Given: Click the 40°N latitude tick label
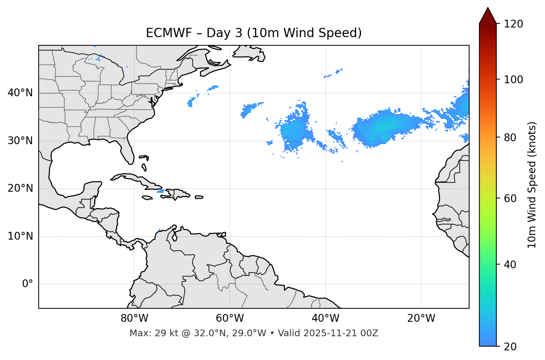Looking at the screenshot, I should point(20,93).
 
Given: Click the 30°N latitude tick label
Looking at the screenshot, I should point(20,141).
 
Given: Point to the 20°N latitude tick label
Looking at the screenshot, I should point(20,188).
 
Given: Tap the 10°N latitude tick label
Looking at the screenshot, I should point(20,236).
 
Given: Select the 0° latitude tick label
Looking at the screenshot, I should point(27,284).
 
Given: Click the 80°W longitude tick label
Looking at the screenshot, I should point(134,318).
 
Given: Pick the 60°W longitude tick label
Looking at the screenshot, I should point(230,318).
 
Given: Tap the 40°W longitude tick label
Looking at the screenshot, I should point(325,318).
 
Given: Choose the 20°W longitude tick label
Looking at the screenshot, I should point(421,318).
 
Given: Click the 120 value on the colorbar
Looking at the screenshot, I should point(513,24).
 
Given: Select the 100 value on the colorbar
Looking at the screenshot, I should point(513,80).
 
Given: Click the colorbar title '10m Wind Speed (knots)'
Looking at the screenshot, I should point(532,185).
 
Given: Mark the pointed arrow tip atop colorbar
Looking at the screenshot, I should point(488,8).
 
